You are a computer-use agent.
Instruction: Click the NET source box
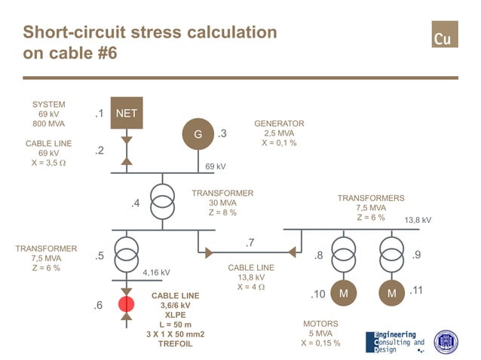127,114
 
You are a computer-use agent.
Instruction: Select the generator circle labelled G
198,134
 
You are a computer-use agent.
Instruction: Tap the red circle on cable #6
126,305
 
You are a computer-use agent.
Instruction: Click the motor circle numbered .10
343,292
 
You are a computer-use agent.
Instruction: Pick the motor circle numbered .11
392,292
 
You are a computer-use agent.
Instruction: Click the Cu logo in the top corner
445,35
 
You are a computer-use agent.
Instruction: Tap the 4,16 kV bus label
156,273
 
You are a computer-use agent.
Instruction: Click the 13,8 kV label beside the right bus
418,220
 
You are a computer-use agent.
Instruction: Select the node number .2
99,151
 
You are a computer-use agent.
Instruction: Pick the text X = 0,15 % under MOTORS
320,343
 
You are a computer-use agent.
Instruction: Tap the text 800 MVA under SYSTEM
48,124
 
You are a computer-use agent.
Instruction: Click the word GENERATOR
279,124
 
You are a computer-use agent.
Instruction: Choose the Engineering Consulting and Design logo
394,340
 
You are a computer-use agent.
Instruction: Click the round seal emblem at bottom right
446,341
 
